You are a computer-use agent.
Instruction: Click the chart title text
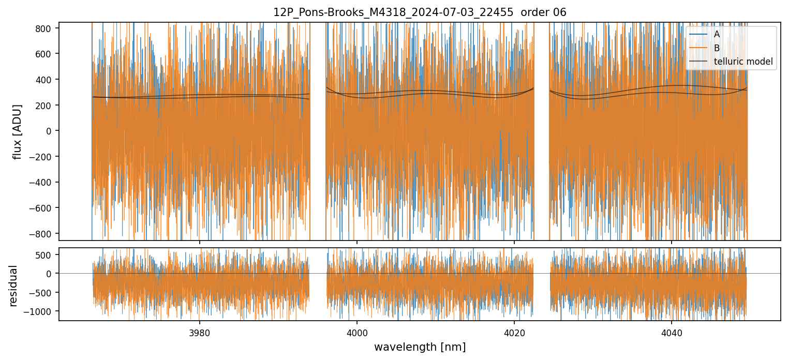(x=420, y=12)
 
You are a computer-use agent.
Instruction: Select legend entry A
(x=717, y=35)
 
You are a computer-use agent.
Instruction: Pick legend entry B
(x=717, y=48)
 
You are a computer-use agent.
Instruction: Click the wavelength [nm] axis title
(x=420, y=347)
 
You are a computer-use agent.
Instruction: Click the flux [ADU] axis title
(x=18, y=131)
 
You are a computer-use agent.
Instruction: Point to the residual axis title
(x=13, y=286)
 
